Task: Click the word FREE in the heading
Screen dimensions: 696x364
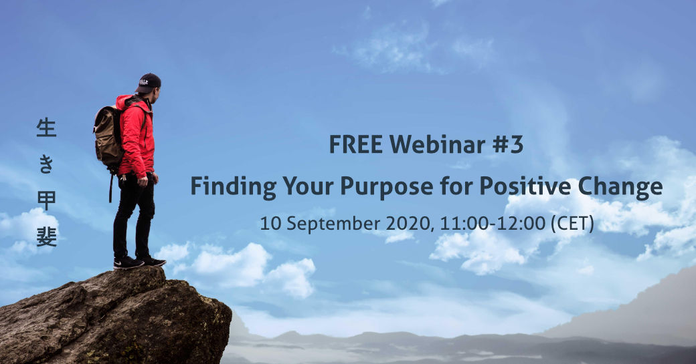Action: pyautogui.click(x=355, y=144)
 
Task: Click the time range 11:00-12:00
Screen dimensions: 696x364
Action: pyautogui.click(x=493, y=224)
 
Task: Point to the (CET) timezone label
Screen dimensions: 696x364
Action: pyautogui.click(x=572, y=224)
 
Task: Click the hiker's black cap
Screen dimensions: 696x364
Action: pyautogui.click(x=148, y=83)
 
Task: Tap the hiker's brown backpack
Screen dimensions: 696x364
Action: pyautogui.click(x=109, y=136)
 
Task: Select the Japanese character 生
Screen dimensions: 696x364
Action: pyautogui.click(x=46, y=128)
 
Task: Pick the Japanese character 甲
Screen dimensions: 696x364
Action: pyautogui.click(x=46, y=200)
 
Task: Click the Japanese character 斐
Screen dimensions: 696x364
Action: pyautogui.click(x=46, y=237)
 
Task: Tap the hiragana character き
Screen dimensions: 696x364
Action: pyautogui.click(x=46, y=164)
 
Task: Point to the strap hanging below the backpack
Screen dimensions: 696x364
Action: pyautogui.click(x=110, y=186)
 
